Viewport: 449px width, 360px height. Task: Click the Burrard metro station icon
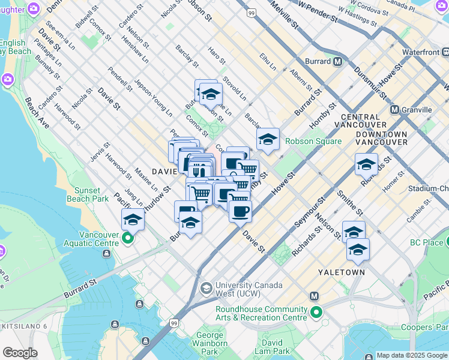pos(338,61)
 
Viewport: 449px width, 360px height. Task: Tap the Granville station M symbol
pos(394,110)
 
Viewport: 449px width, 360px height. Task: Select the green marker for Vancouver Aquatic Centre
pos(127,239)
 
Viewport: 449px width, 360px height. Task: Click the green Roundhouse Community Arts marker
pos(316,312)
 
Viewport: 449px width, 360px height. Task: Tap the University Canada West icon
pos(206,289)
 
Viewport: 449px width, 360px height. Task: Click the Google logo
pos(20,353)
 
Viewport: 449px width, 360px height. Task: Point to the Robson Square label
pos(313,142)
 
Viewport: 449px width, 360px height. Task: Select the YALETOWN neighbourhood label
pos(342,272)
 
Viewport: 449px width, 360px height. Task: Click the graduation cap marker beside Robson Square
pos(268,140)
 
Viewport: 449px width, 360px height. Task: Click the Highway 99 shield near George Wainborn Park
pos(173,323)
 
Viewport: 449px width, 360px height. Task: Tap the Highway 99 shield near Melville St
pos(251,12)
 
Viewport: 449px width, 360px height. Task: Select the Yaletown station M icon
pos(313,296)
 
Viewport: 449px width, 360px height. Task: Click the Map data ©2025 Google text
pos(412,355)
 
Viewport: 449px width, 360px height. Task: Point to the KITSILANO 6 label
pos(23,326)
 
